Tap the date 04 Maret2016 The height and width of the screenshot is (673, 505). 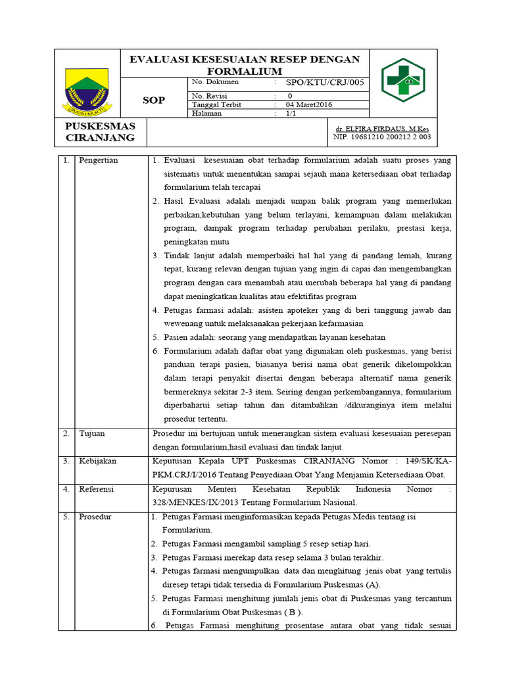coord(309,104)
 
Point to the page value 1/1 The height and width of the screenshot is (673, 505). coord(290,113)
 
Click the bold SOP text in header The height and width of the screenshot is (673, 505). coord(154,101)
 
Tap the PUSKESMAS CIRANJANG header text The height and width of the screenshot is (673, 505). coord(100,131)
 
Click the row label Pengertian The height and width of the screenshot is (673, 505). coord(99,161)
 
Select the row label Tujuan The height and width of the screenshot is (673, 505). coord(91,434)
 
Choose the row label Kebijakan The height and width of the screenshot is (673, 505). coord(97,461)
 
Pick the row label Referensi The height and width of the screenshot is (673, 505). coord(97,490)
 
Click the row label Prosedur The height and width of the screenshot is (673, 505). coord(95,517)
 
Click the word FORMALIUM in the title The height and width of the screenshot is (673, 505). coord(244,71)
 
